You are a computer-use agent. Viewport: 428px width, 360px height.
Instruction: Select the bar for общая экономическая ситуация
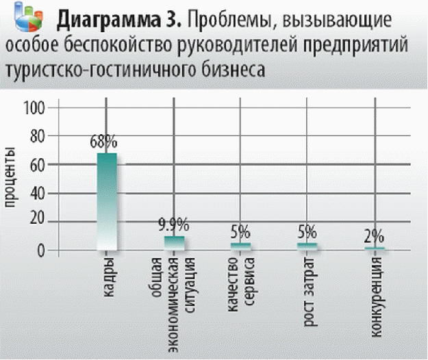coord(174,242)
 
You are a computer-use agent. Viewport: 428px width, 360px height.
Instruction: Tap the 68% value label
coord(104,143)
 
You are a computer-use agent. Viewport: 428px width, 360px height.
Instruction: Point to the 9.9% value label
coord(173,226)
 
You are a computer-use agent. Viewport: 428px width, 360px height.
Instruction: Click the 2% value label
coord(374,237)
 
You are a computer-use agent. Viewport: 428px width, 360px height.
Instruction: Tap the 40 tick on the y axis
coord(38,193)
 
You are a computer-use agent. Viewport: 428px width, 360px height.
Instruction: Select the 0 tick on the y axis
coord(42,250)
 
